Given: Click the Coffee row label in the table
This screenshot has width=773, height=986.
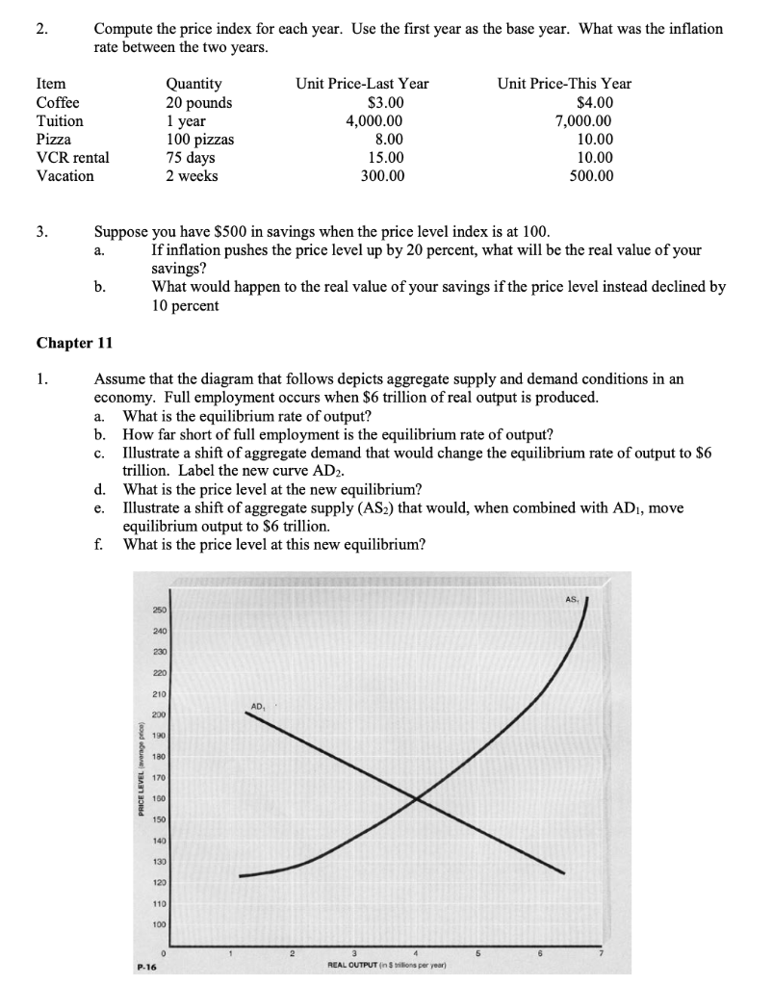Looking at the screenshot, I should (x=58, y=103).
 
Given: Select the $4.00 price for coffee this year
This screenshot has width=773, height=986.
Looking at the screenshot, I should (x=594, y=103).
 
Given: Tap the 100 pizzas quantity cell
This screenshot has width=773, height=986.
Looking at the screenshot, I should (x=200, y=140).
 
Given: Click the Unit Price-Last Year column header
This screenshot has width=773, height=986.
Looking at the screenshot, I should (x=362, y=85).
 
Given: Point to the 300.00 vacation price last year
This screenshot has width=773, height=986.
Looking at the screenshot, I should (x=383, y=176).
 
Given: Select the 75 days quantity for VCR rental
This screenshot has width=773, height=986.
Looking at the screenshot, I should (x=191, y=158).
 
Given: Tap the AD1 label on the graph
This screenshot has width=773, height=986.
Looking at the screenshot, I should (x=257, y=707).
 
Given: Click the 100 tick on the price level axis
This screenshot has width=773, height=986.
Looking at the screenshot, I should (x=158, y=924).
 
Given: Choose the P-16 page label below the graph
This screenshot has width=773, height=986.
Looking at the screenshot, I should (x=147, y=970).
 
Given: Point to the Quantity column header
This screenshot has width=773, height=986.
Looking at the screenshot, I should (x=193, y=85).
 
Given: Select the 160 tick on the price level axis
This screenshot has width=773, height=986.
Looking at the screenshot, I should (x=158, y=799).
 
